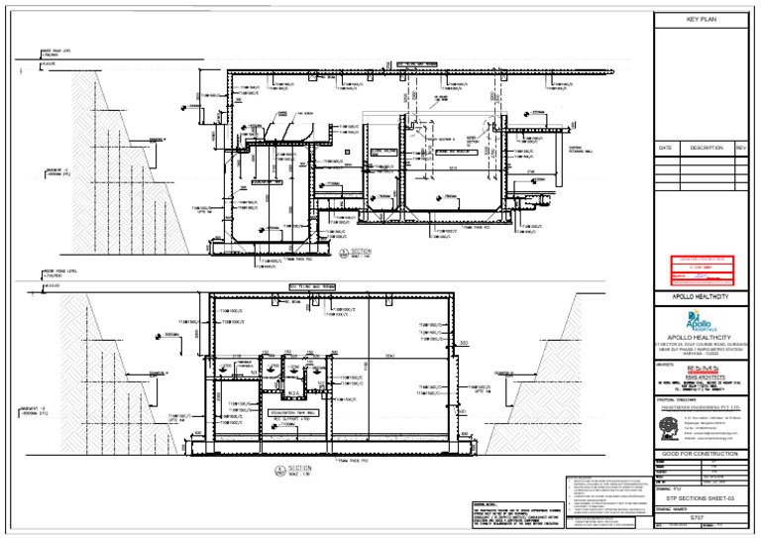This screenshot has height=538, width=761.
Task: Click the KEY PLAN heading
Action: click(x=701, y=20)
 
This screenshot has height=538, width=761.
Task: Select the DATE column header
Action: click(x=666, y=148)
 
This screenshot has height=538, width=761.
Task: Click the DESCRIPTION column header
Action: click(x=706, y=148)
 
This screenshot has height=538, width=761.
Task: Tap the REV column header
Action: click(x=740, y=148)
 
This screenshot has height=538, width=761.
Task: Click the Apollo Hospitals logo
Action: click(x=700, y=322)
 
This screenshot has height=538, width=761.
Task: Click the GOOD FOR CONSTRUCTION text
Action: click(x=701, y=454)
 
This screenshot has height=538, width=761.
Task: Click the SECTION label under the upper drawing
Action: click(x=360, y=252)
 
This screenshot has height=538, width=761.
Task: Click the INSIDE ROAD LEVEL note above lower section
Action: click(x=57, y=269)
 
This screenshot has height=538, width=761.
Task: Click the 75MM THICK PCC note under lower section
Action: click(x=354, y=461)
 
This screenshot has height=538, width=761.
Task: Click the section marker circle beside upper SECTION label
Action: click(x=342, y=253)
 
